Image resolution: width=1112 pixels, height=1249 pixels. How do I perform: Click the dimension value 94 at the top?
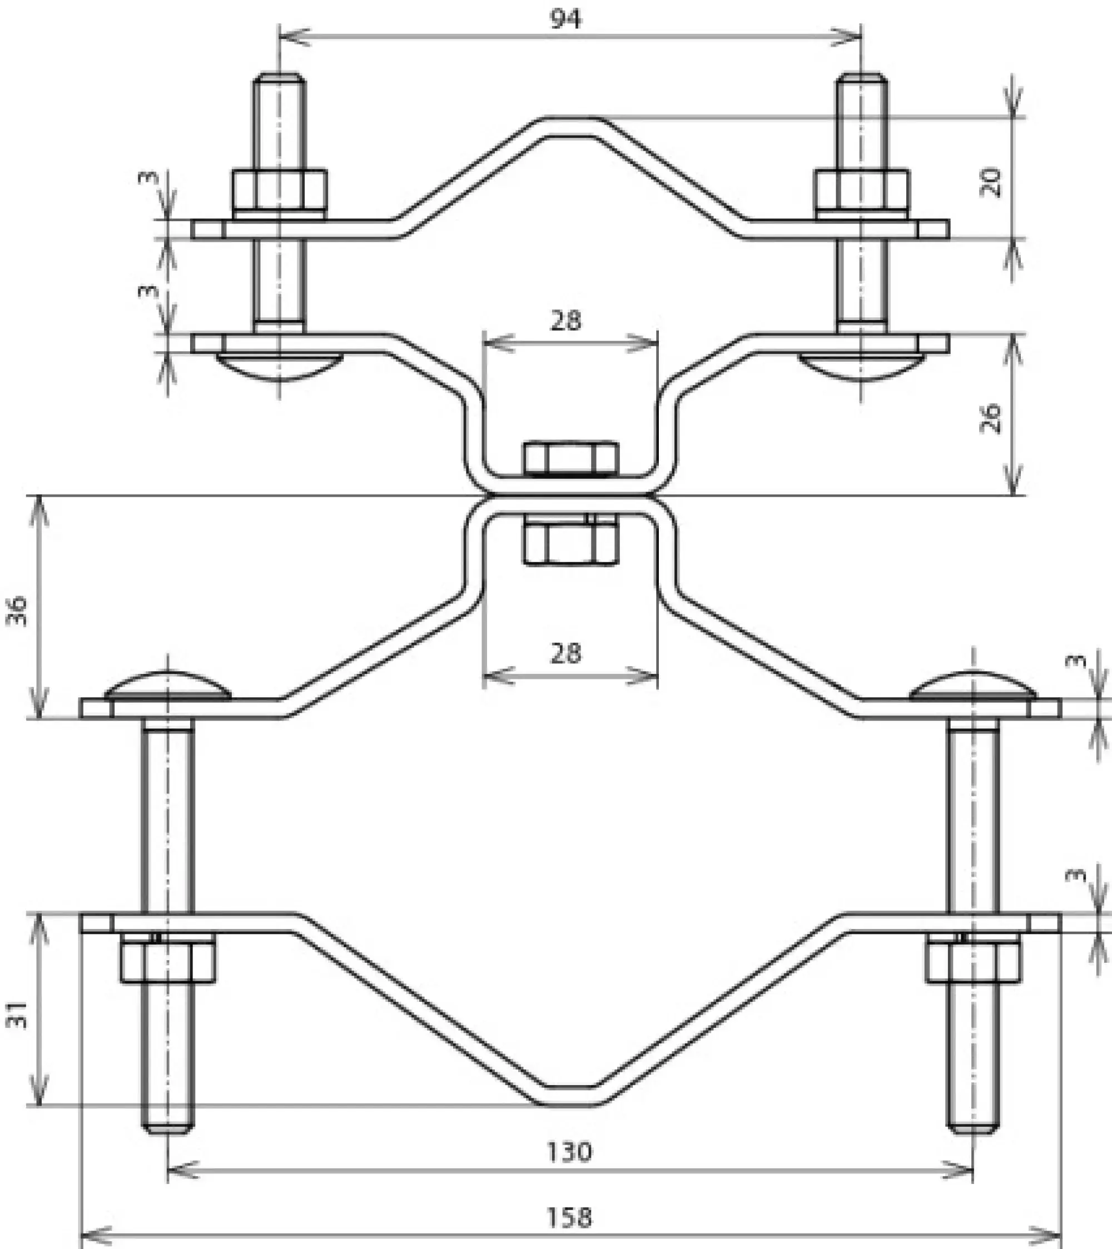[566, 19]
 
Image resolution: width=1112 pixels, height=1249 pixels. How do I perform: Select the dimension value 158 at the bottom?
[569, 1218]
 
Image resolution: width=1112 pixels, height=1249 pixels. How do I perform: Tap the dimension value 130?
[569, 1152]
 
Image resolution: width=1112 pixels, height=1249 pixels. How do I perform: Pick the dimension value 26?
[990, 418]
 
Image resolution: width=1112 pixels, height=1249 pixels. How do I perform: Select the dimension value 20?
[990, 182]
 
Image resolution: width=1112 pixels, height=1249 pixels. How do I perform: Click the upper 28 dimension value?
[565, 320]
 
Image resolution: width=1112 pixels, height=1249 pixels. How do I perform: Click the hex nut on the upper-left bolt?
[279, 190]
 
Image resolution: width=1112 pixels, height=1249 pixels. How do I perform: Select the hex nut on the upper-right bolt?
[861, 190]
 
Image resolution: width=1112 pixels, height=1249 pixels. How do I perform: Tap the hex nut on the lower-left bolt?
[167, 962]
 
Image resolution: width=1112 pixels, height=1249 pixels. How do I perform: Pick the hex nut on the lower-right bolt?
[972, 962]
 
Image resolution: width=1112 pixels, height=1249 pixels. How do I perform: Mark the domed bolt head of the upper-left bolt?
[279, 367]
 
